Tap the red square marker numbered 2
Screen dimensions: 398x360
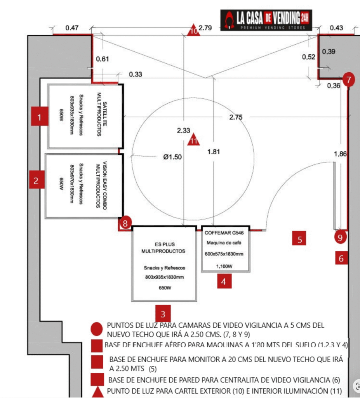[x=36, y=180]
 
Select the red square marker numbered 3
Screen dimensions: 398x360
[x=163, y=314]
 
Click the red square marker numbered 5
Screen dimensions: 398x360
[x=299, y=239]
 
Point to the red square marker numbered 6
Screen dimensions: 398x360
[x=341, y=258]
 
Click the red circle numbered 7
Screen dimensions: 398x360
[x=349, y=80]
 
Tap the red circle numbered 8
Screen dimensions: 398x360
[x=125, y=223]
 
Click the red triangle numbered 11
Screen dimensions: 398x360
[x=193, y=140]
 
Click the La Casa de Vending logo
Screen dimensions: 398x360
[x=266, y=19]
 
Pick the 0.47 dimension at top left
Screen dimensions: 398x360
[x=72, y=28]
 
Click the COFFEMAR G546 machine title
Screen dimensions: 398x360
[x=226, y=233]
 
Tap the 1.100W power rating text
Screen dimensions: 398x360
[x=224, y=266]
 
